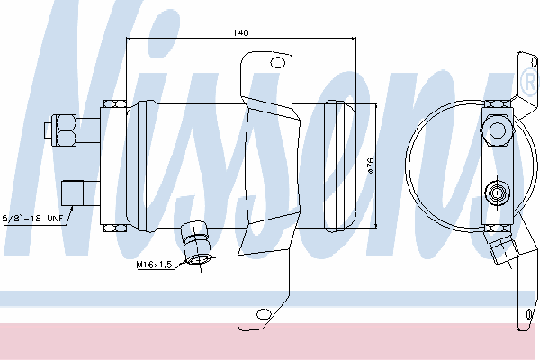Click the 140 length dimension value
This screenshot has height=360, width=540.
click(x=240, y=32)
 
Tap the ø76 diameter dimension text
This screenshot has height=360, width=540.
click(x=371, y=166)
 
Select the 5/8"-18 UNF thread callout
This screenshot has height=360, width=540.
click(x=32, y=218)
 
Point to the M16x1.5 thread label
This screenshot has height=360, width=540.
click(x=154, y=265)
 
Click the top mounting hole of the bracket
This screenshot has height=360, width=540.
click(x=277, y=63)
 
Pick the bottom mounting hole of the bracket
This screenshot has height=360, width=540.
click(x=264, y=314)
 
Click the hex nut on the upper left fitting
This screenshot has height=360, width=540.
click(x=64, y=130)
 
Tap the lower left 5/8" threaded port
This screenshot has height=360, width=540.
click(x=72, y=193)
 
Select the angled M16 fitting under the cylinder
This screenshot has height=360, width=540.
click(x=196, y=243)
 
